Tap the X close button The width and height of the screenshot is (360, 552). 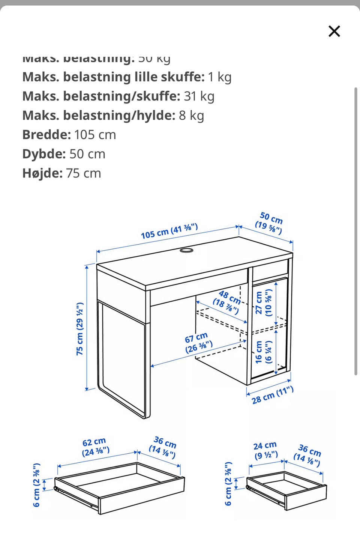point(334,31)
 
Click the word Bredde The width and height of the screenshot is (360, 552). point(46,135)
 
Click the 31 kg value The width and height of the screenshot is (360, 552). point(199,96)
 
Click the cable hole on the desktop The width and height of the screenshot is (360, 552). point(186,250)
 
